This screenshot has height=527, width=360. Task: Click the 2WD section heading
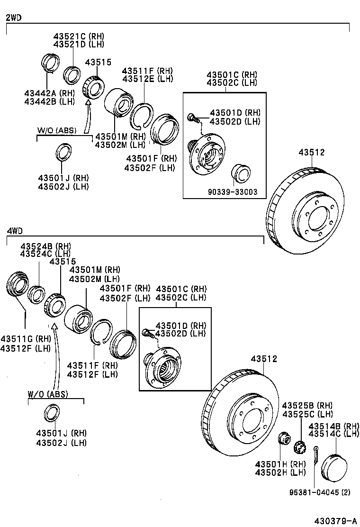pyautogui.click(x=13, y=18)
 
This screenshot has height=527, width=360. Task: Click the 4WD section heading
pyautogui.click(x=14, y=231)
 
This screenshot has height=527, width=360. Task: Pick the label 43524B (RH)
pyautogui.click(x=45, y=246)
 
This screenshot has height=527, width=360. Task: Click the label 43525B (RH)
pyautogui.click(x=307, y=406)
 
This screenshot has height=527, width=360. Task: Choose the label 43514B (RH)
pyautogui.click(x=334, y=426)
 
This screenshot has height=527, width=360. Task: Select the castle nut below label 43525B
pyautogui.click(x=299, y=447)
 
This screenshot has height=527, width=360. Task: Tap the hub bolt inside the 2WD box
pyautogui.click(x=191, y=117)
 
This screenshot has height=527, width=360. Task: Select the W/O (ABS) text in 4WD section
pyautogui.click(x=47, y=394)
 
